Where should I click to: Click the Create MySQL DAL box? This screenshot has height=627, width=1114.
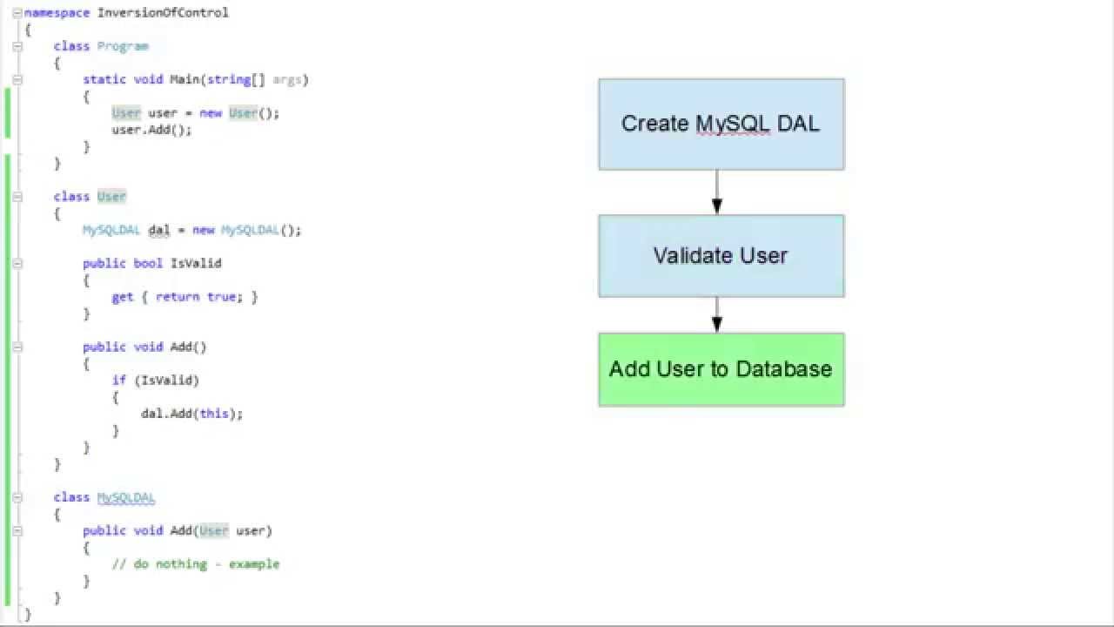coord(721,124)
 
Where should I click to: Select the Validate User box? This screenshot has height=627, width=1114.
coord(721,256)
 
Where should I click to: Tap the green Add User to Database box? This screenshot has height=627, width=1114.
coord(721,369)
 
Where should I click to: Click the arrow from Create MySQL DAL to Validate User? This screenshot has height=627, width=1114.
coord(716,192)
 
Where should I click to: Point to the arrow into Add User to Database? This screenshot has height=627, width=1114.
coord(716,315)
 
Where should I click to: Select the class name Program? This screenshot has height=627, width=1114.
coord(123,46)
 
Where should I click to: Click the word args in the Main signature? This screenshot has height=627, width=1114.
coord(287,79)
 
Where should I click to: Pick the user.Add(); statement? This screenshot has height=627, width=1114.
coord(151,130)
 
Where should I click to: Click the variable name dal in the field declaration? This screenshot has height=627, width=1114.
coord(158,230)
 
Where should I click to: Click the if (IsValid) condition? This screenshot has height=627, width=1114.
coord(155,381)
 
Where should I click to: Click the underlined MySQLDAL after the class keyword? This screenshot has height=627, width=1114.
coord(126,497)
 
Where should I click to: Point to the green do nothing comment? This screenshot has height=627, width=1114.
coord(196,564)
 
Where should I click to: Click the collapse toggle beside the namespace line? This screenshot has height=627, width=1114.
coord(17,12)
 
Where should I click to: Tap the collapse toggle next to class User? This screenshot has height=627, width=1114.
coord(17,197)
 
